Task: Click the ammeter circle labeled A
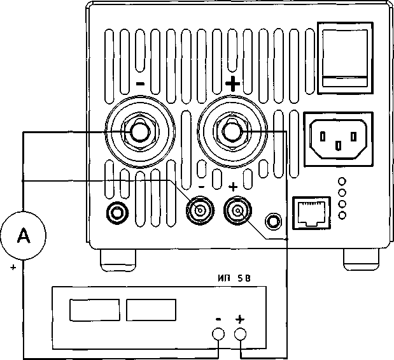click(x=24, y=236)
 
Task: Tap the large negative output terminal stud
click(x=138, y=132)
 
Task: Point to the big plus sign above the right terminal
click(x=234, y=83)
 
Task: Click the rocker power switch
click(x=344, y=59)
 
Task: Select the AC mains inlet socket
click(x=338, y=138)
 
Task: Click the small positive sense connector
click(x=237, y=210)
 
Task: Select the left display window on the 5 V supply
click(x=95, y=310)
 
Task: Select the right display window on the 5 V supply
click(x=151, y=310)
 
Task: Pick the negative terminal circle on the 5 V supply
click(x=218, y=335)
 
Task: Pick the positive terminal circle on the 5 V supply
click(x=240, y=335)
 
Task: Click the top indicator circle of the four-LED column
click(x=343, y=181)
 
